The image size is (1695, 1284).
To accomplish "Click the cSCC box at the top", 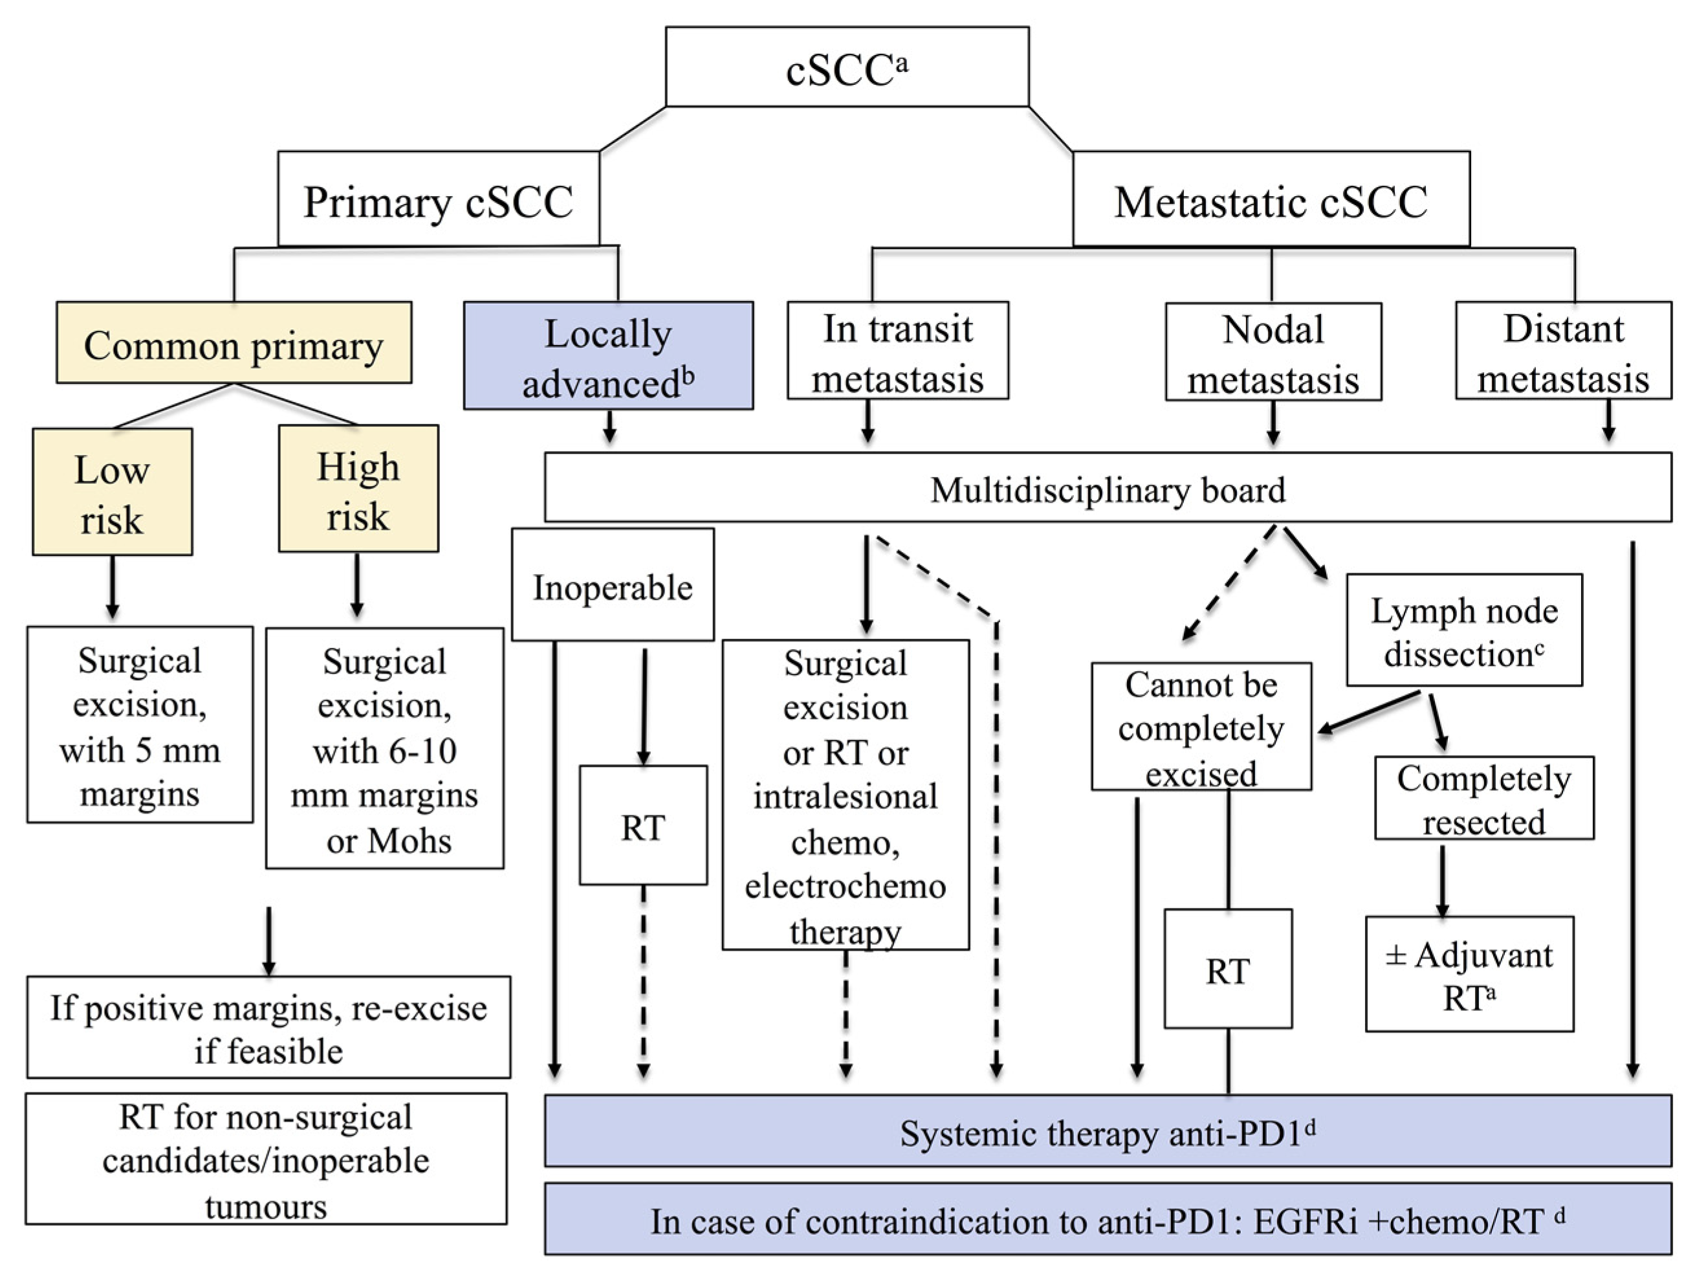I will point(847,67).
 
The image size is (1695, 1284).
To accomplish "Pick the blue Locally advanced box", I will point(607,356).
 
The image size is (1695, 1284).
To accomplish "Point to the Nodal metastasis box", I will point(1273,353).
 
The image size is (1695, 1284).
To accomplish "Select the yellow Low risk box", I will point(112,492).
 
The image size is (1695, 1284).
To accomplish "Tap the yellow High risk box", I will point(358,489).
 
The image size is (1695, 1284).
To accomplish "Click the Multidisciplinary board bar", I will point(1108,489).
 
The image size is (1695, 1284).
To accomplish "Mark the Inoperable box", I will point(612,586).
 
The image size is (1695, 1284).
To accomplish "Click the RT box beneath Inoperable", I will point(643,826).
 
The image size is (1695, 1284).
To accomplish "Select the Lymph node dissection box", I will point(1463,630).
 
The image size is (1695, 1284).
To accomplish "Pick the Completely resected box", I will point(1483,798).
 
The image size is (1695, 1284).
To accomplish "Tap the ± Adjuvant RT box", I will point(1469,974).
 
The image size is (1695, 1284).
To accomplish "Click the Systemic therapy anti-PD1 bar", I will point(1108,1131).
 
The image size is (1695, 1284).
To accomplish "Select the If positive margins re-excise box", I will point(268,1027).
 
